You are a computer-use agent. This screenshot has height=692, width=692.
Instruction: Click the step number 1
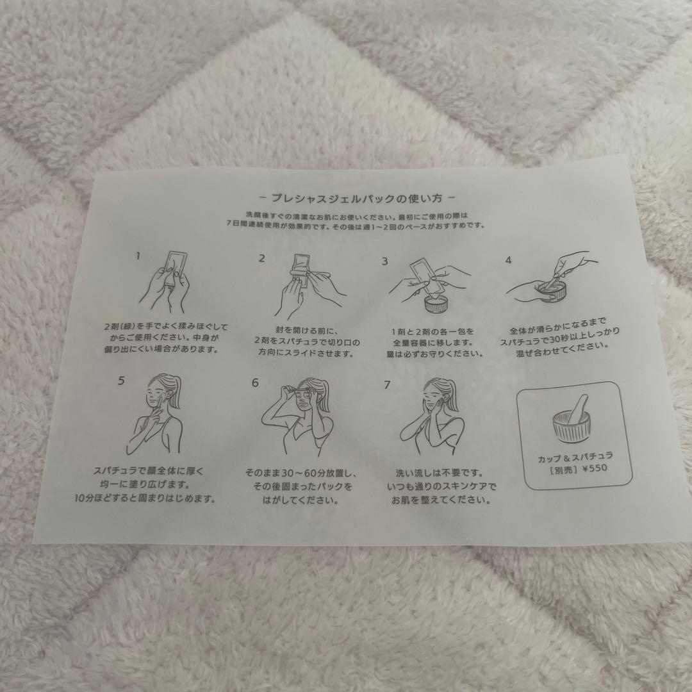pyautogui.click(x=138, y=256)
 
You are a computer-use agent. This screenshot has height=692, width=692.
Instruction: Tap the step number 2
pyautogui.click(x=261, y=259)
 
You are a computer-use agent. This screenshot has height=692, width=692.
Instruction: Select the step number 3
pyautogui.click(x=385, y=261)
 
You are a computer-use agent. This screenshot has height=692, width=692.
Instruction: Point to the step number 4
pyautogui.click(x=508, y=260)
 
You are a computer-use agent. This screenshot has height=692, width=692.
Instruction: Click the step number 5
pyautogui.click(x=121, y=381)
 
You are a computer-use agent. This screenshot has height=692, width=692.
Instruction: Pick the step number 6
pyautogui.click(x=255, y=383)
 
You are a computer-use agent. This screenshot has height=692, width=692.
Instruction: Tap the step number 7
pyautogui.click(x=387, y=385)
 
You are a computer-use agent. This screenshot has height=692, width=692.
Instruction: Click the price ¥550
pyautogui.click(x=595, y=468)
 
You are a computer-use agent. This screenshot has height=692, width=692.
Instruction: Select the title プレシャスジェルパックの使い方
pyautogui.click(x=357, y=198)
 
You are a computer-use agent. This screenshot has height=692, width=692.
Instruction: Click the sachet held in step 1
pyautogui.click(x=175, y=269)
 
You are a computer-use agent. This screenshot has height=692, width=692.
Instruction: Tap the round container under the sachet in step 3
pyautogui.click(x=436, y=304)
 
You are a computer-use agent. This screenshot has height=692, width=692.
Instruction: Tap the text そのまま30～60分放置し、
pyautogui.click(x=301, y=473)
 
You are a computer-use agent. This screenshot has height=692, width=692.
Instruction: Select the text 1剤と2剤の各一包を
pyautogui.click(x=433, y=331)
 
